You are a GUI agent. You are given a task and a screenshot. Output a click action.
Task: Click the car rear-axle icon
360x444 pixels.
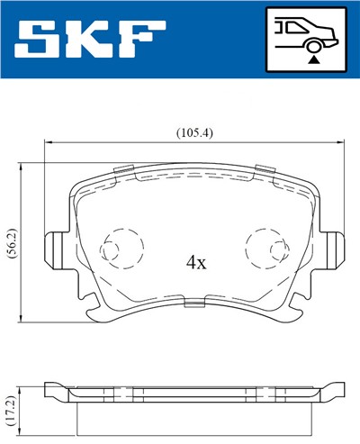pyautogui.click(x=306, y=37)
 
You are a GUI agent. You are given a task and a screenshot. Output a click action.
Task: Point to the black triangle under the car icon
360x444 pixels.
pyautogui.click(x=313, y=56)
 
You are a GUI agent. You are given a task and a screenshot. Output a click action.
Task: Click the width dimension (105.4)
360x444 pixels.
pyautogui.click(x=193, y=132)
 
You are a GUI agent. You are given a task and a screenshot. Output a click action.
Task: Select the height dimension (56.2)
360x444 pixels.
pyautogui.click(x=10, y=242)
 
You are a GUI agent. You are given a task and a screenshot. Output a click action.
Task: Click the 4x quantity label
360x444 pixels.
pyautogui.click(x=195, y=263)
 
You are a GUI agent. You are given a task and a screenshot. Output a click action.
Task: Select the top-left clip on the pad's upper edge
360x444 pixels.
pyautogui.click(x=127, y=169)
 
